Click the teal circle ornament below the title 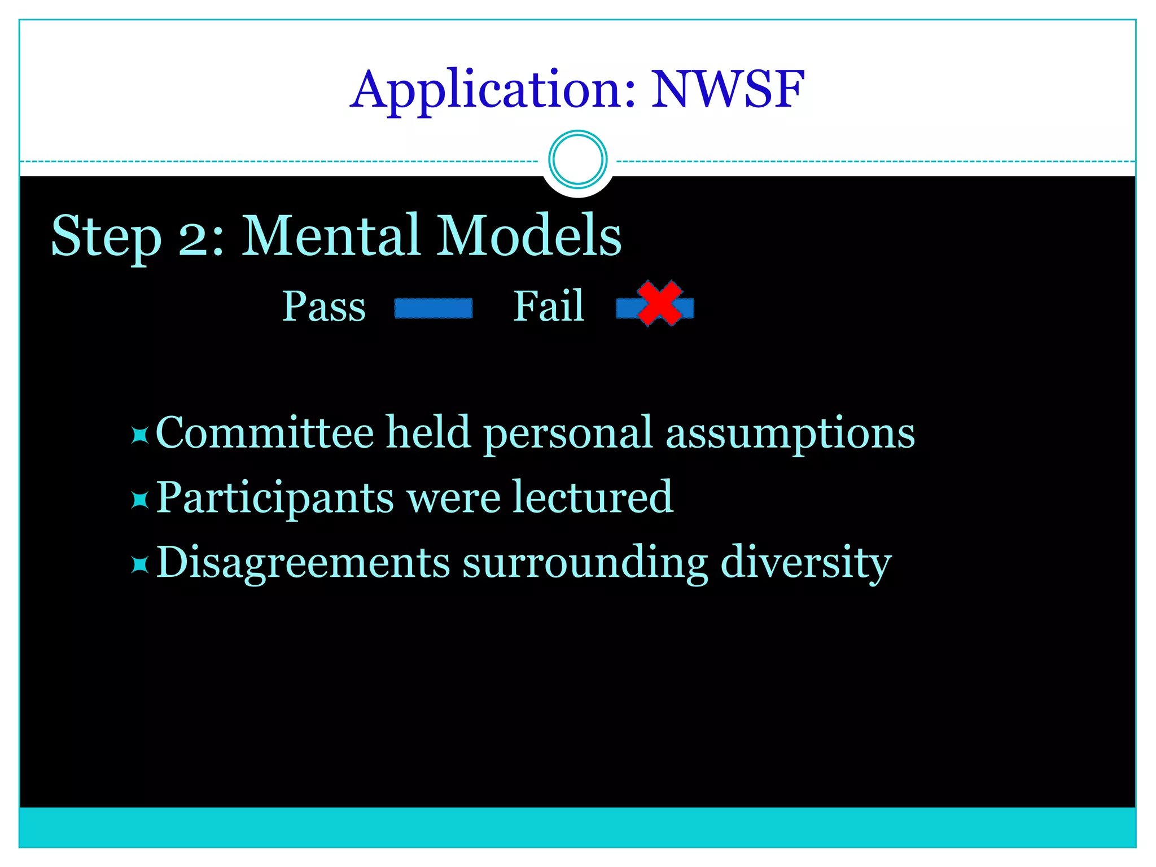click(x=577, y=159)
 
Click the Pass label click(x=324, y=307)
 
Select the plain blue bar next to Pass click(x=433, y=308)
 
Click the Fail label click(x=548, y=306)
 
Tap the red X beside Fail click(x=659, y=304)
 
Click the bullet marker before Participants click(x=139, y=500)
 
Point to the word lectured click(x=593, y=497)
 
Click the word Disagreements click(x=303, y=563)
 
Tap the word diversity click(x=805, y=563)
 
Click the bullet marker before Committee click(x=139, y=435)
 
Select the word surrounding click(x=585, y=563)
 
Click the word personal click(x=567, y=433)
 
